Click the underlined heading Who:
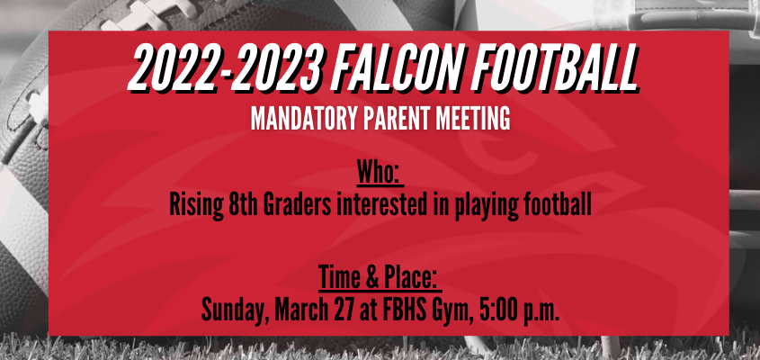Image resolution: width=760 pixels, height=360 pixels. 380,173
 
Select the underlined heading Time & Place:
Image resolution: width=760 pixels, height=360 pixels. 380,278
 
